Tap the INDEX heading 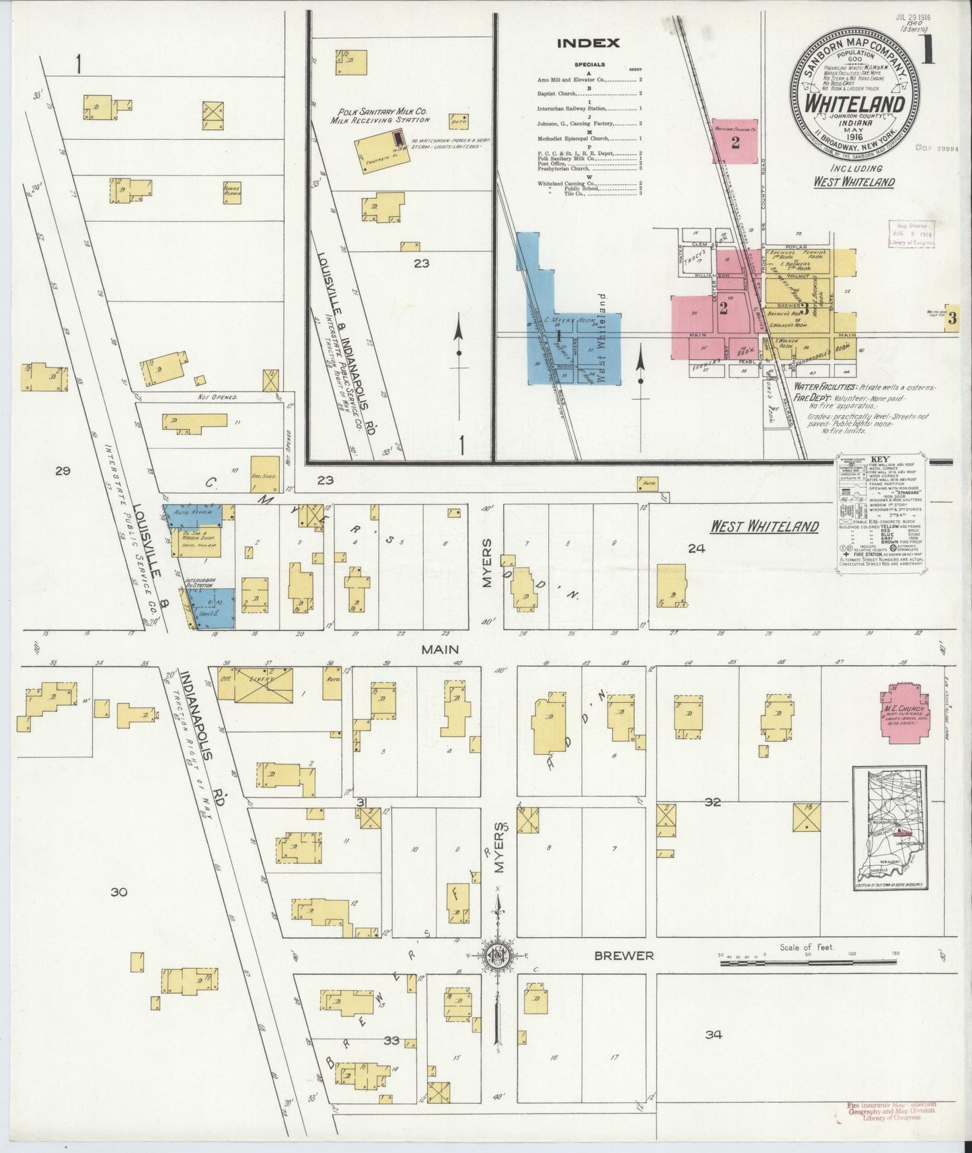587,44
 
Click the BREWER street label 622,955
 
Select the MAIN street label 440,649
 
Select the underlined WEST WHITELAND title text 764,526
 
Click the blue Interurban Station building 214,607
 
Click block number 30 119,892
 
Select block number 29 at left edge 63,471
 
